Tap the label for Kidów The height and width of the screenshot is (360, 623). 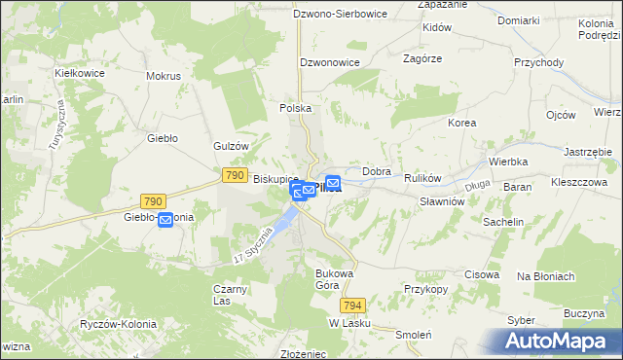(437, 28)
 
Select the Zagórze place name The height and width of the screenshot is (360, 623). (422, 58)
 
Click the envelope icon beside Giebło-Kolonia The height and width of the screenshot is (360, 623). (165, 220)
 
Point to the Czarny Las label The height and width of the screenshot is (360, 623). (231, 295)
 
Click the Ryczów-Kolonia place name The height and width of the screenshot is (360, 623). (120, 323)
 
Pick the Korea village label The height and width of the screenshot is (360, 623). (461, 124)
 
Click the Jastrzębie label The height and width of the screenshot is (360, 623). (587, 153)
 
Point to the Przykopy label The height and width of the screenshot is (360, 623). (424, 290)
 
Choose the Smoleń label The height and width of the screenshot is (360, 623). (414, 332)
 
